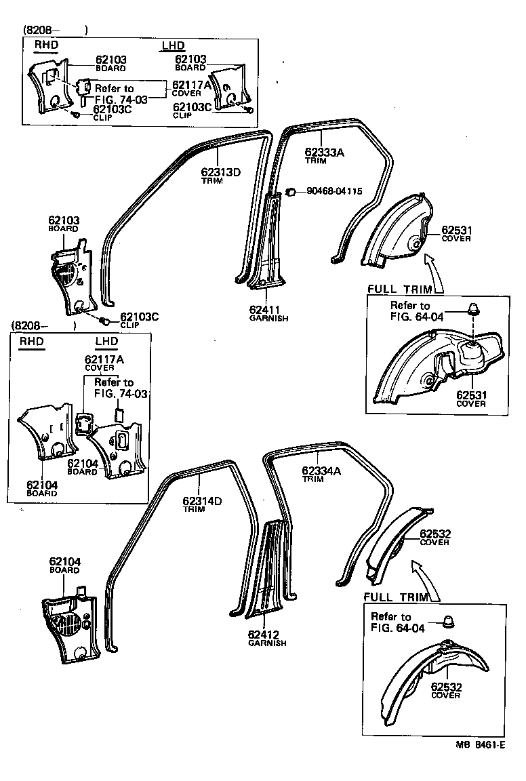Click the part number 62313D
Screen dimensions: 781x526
click(x=220, y=172)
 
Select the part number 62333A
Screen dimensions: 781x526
click(x=324, y=152)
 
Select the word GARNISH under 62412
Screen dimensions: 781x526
click(x=267, y=643)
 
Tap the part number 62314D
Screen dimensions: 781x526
click(x=202, y=500)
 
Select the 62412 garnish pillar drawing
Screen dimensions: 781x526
click(x=271, y=569)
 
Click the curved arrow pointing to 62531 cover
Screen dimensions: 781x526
click(x=434, y=271)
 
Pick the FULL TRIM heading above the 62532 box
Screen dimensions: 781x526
click(x=396, y=597)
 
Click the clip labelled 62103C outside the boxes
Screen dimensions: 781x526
click(x=105, y=320)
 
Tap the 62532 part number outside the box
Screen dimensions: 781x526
click(x=435, y=534)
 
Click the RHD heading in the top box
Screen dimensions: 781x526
click(x=46, y=45)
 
